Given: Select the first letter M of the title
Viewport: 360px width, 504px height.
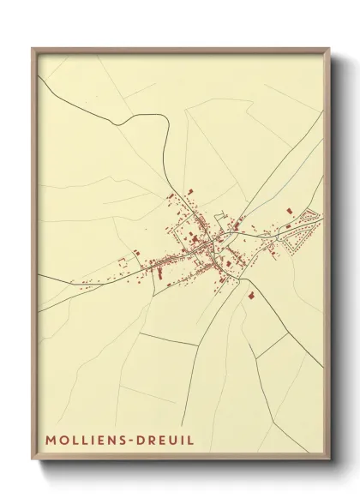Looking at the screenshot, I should click(50, 440).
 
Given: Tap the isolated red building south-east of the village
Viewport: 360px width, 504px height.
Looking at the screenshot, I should click(251, 295).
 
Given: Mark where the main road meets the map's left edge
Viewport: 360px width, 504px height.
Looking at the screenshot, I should click(39, 277).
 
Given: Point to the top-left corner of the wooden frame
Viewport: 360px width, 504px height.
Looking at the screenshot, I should click(33, 48).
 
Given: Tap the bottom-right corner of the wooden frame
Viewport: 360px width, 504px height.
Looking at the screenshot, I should click(330, 461).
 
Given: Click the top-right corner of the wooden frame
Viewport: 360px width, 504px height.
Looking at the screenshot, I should click(330, 48).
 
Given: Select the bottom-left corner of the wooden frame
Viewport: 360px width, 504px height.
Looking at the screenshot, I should click(33, 461).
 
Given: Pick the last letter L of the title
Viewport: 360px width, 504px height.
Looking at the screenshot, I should click(191, 440).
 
